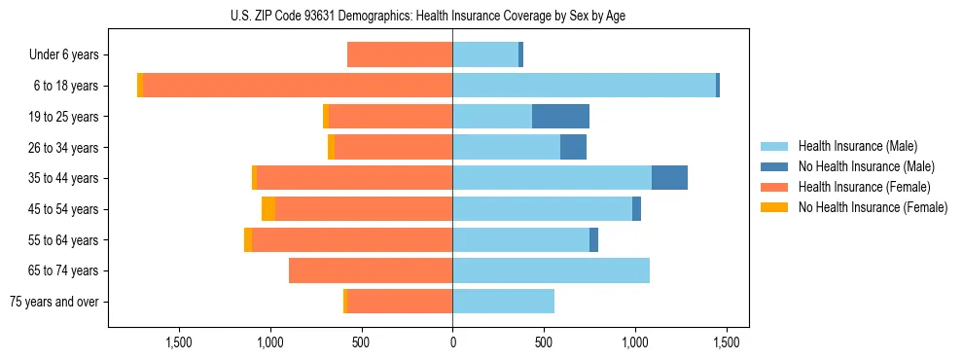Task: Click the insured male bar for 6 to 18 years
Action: click(584, 86)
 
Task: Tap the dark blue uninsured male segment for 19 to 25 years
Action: click(560, 117)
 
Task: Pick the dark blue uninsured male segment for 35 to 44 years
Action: click(669, 178)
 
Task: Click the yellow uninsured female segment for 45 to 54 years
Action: click(268, 209)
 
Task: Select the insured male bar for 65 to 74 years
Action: click(551, 270)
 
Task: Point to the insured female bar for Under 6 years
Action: click(400, 55)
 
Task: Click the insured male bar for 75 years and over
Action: click(503, 302)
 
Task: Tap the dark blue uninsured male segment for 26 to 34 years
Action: click(573, 148)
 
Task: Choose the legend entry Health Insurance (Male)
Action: click(857, 146)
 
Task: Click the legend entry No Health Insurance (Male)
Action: click(866, 166)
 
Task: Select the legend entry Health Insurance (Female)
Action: click(864, 187)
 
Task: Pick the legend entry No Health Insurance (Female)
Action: click(873, 207)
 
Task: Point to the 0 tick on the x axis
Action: click(452, 342)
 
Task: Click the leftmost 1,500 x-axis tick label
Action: click(178, 342)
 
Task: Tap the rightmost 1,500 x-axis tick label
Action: click(726, 342)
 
